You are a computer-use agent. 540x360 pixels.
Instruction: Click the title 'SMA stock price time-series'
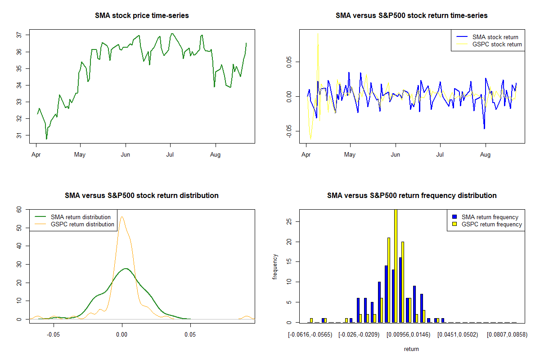pyautogui.click(x=142, y=16)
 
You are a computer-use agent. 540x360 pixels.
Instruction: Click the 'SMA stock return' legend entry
pyautogui.click(x=495, y=37)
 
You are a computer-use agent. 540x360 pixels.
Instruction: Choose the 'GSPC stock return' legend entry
pyautogui.click(x=497, y=44)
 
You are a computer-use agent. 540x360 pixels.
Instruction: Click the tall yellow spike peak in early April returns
pyautogui.click(x=318, y=33)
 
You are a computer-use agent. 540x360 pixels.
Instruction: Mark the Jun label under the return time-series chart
pyautogui.click(x=396, y=155)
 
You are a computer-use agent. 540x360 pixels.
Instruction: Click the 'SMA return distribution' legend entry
pyautogui.click(x=81, y=217)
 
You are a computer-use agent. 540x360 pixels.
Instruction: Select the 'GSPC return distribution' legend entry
pyautogui.click(x=82, y=224)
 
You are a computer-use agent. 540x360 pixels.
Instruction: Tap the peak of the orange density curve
pyautogui.click(x=121, y=217)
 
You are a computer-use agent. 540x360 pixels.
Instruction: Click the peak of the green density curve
pyautogui.click(x=126, y=269)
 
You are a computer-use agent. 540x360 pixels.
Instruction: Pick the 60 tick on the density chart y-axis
pyautogui.click(x=19, y=210)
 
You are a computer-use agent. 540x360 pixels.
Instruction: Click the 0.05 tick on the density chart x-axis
pyautogui.click(x=190, y=335)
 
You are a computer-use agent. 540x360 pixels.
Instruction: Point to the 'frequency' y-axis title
pyautogui.click(x=275, y=266)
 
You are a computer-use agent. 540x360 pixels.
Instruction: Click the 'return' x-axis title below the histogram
pyautogui.click(x=411, y=349)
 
